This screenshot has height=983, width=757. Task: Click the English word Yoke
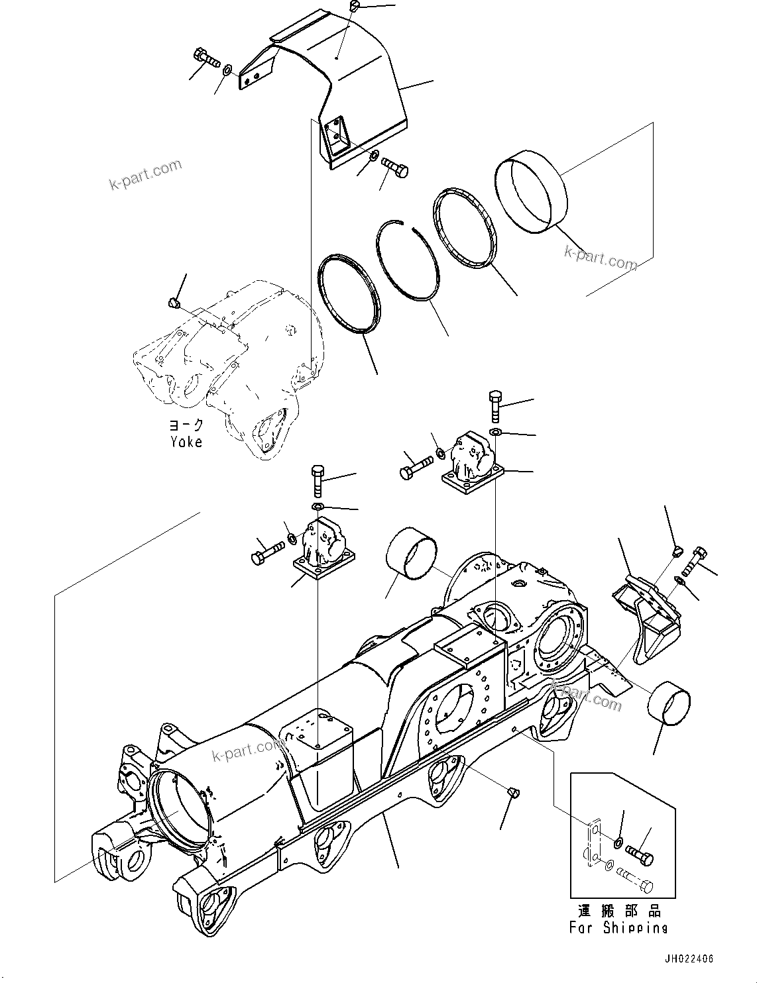pos(186,441)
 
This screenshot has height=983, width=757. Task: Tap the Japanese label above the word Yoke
pos(186,425)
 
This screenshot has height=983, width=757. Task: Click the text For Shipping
pos(618,928)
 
